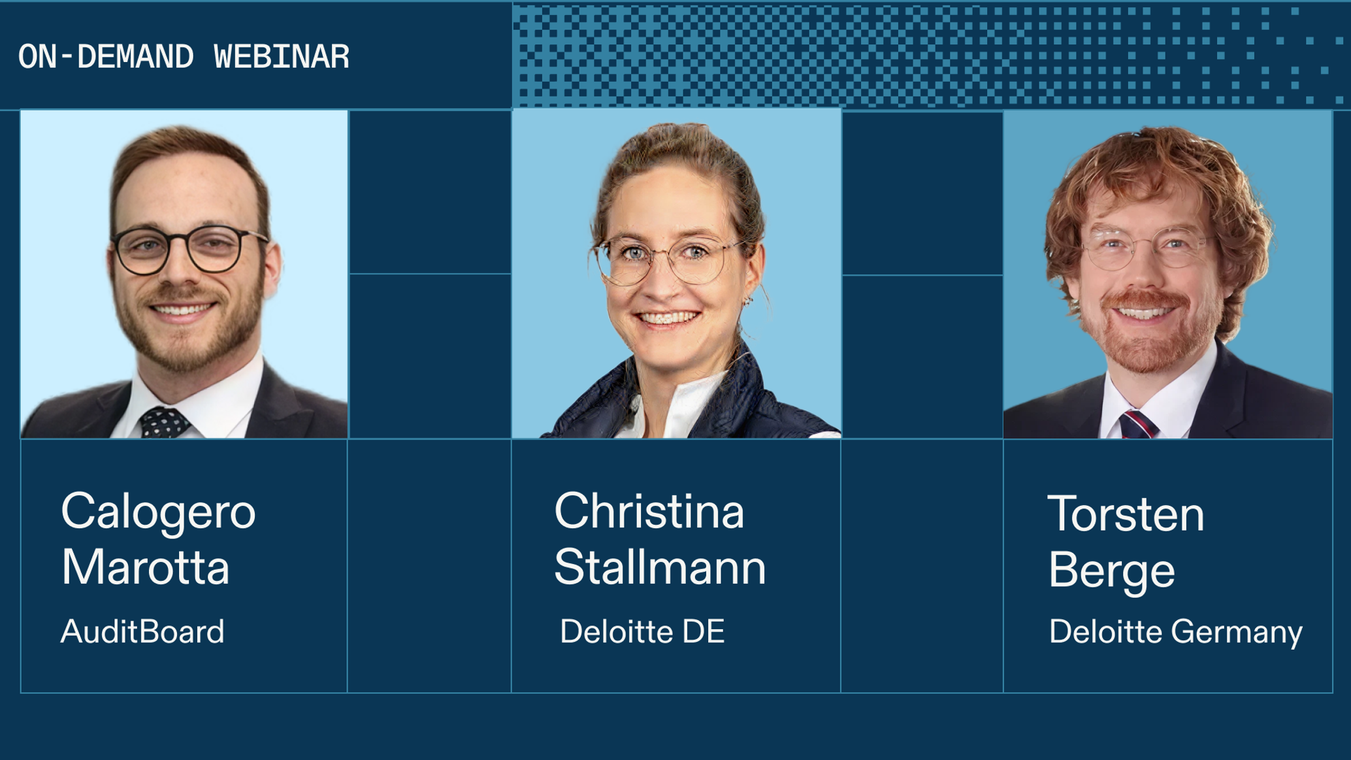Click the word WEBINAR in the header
pos(282,57)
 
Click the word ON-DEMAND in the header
pos(106,57)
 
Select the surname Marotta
pos(145,567)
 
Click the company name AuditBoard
pos(142,632)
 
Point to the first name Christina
pos(649,511)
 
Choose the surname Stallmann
pos(660,567)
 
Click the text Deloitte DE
pos(642,632)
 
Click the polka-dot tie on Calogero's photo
pos(163,421)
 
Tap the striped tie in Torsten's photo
pos(1138,425)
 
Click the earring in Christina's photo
pos(749,301)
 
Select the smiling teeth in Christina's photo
pos(667,319)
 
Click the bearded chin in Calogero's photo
pos(186,350)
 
